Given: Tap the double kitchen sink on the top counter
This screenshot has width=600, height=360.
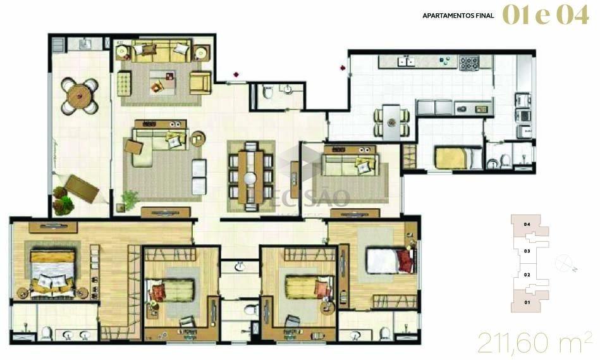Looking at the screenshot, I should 405,61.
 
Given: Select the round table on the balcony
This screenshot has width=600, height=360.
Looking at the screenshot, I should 80,96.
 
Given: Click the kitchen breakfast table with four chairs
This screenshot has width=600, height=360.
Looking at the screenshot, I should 393,122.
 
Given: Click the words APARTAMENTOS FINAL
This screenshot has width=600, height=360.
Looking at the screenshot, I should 459,15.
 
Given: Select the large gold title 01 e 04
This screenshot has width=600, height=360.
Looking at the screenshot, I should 545,15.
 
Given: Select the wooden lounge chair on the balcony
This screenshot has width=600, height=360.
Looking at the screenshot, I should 82,188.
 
